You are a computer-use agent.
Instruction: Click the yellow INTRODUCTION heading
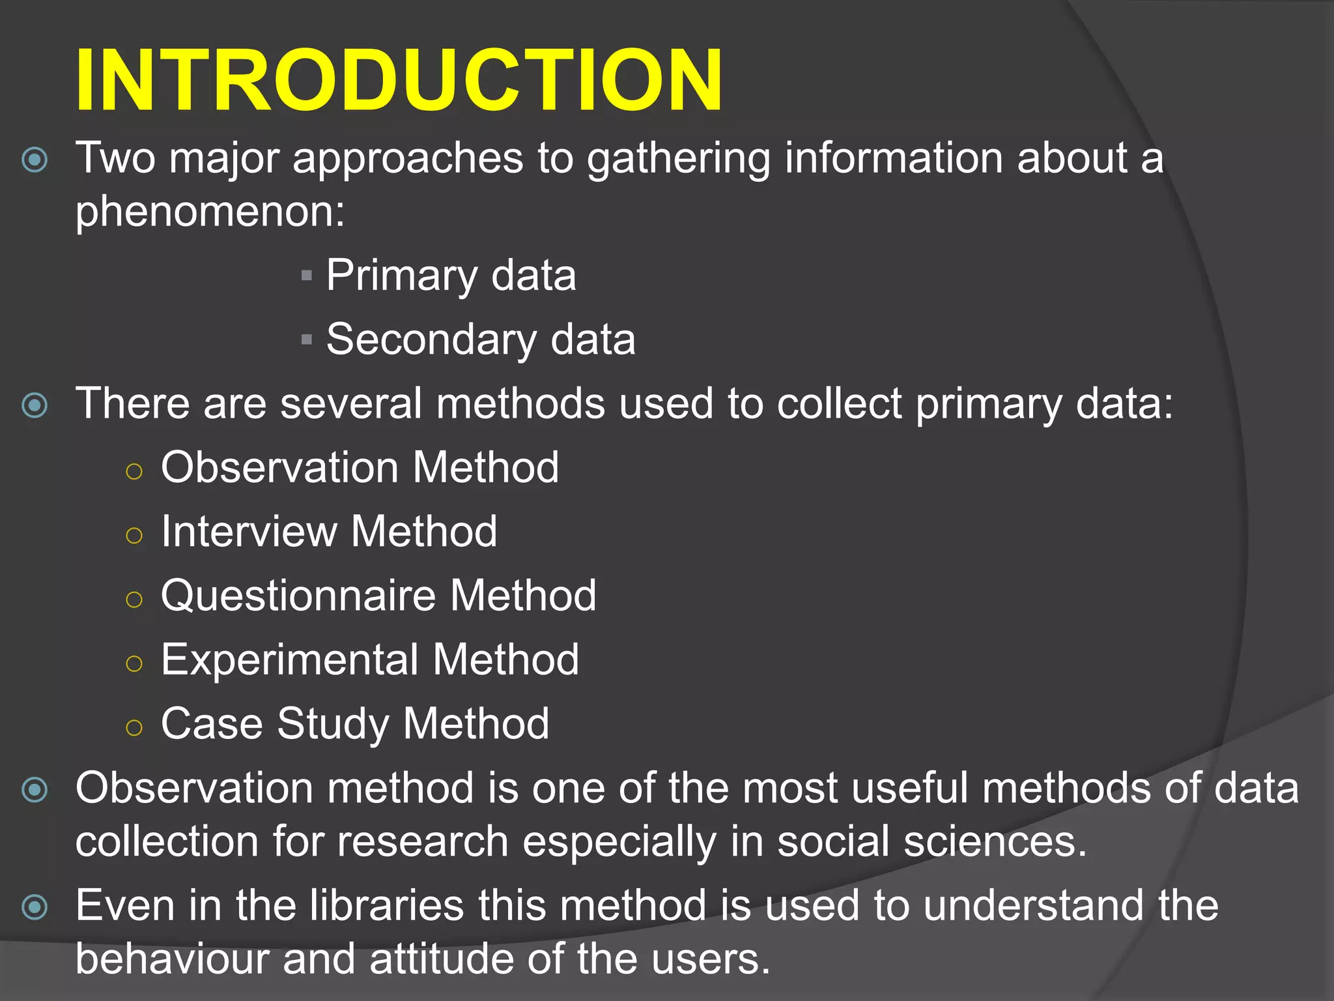(x=399, y=81)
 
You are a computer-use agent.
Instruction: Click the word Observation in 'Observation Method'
(x=279, y=467)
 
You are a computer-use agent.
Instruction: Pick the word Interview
(x=248, y=531)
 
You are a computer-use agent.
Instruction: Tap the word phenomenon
(x=210, y=212)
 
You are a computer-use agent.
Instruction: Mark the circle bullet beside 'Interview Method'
(x=134, y=536)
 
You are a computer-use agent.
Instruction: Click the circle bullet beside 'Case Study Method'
(x=134, y=728)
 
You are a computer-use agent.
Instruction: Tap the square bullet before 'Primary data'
(x=307, y=276)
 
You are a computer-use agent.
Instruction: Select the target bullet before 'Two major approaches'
(x=35, y=160)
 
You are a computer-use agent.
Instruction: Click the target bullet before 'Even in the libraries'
(x=35, y=907)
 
